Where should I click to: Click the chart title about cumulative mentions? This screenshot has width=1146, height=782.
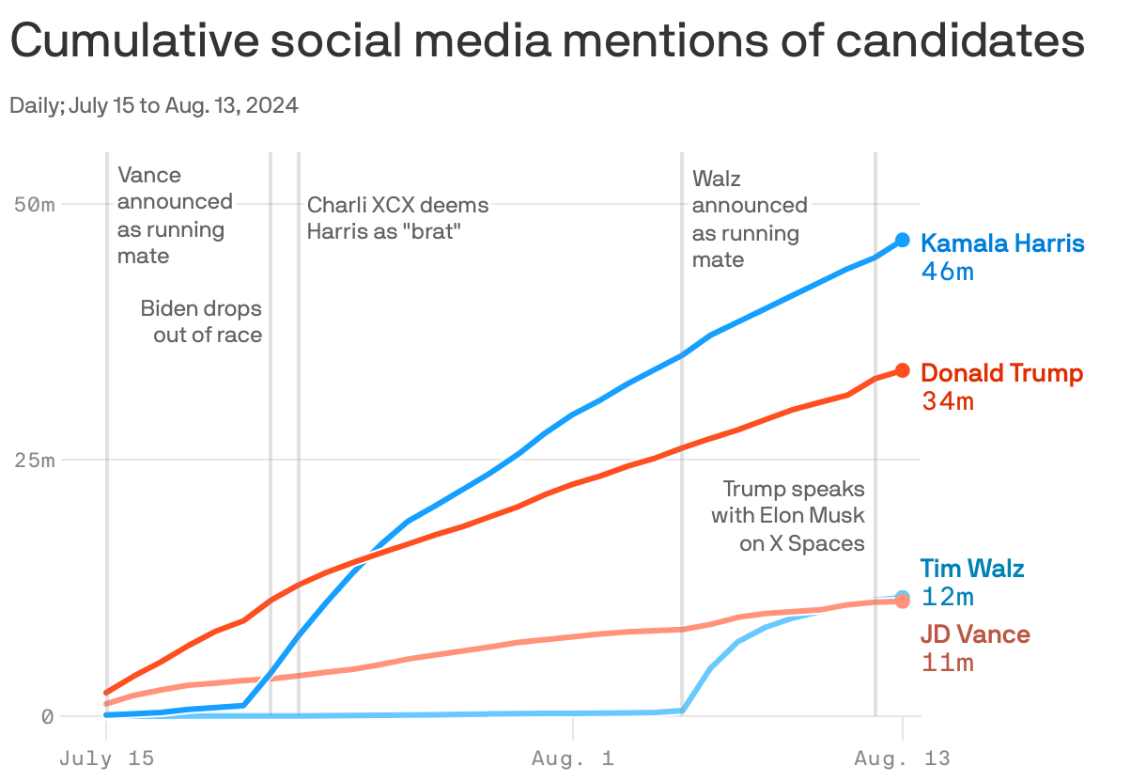547,42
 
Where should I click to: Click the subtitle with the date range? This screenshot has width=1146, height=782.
154,105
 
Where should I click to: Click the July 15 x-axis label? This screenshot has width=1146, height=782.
105,759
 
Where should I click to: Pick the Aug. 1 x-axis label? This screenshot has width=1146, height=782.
572,759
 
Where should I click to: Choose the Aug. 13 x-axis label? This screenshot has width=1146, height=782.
902,759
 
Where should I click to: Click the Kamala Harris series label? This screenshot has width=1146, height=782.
1002,243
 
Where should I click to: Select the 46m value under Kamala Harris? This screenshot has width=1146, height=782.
947,273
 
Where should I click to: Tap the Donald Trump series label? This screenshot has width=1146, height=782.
1001,373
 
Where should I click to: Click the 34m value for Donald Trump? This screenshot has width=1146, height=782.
947,402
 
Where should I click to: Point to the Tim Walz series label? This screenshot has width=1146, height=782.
972,568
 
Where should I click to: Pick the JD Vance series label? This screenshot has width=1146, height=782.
975,634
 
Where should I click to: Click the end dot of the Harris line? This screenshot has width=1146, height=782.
902,240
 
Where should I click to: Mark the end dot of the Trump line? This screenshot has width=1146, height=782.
902,370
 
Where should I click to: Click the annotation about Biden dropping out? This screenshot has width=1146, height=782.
201,321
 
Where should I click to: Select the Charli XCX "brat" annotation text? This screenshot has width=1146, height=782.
397,218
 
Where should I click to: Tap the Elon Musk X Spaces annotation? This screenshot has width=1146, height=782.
788,516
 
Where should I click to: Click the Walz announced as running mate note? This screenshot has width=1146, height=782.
750,219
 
